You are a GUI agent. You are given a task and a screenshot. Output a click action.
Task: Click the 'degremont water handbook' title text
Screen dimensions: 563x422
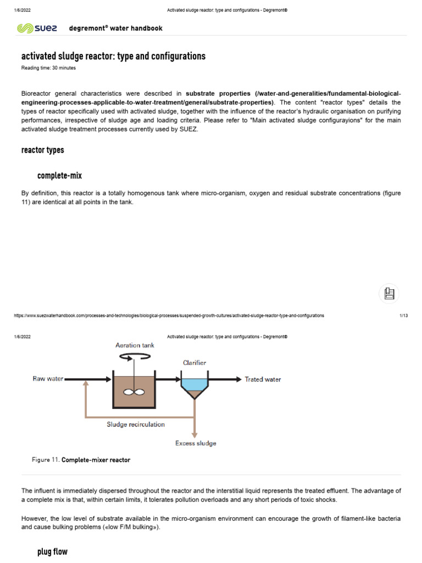115,28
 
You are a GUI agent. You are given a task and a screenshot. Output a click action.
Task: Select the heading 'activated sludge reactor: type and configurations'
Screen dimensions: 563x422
113,56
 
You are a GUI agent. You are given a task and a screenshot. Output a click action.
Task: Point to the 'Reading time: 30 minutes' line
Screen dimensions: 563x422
48,68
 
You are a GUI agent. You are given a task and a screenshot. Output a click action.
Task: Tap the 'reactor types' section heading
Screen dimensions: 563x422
42,150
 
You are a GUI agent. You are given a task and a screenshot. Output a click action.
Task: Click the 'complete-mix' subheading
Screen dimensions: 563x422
60,175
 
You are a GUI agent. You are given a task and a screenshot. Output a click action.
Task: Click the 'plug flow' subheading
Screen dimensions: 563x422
52,551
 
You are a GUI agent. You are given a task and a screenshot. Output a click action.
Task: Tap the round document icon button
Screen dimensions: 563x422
389,294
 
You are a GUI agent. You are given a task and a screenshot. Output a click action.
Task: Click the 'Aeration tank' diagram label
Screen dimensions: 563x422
135,345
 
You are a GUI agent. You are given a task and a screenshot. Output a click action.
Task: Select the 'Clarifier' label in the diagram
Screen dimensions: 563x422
194,362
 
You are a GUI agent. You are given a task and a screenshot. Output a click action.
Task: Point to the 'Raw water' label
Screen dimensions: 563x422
48,379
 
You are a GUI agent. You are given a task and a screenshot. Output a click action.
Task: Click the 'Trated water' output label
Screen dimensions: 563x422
263,379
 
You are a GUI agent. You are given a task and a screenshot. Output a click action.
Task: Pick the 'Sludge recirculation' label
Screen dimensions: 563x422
135,424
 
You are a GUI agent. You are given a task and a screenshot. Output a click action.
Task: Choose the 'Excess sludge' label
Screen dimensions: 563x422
196,443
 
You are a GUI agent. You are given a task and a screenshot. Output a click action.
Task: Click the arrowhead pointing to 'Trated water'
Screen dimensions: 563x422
237,379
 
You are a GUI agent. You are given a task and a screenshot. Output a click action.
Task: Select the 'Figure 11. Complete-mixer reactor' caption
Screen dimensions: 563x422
82,460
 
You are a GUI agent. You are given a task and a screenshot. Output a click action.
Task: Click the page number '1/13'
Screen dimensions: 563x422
403,316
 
